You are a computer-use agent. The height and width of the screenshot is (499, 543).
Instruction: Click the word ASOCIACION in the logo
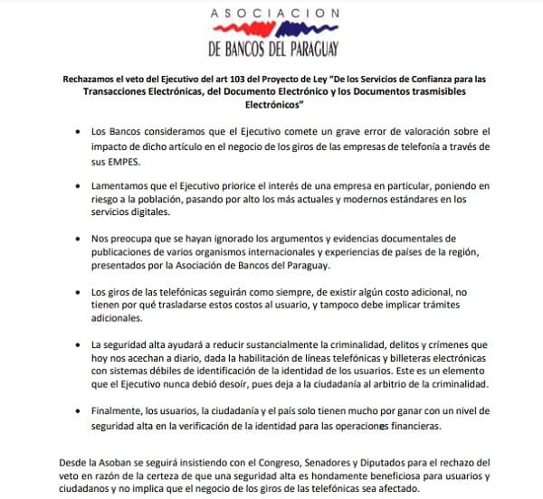275,14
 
